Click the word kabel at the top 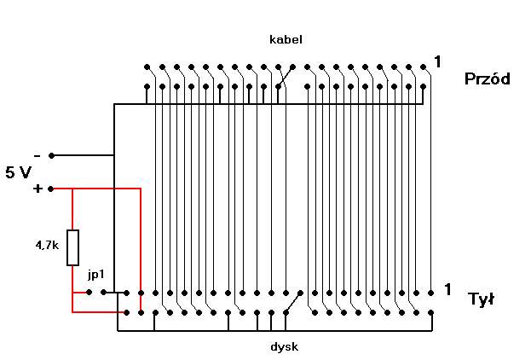(x=286, y=39)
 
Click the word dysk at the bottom (x=285, y=347)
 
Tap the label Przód (x=488, y=78)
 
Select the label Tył (x=482, y=299)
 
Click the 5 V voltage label (x=18, y=172)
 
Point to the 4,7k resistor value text (x=47, y=245)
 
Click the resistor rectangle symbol (x=72, y=247)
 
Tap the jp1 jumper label (x=95, y=275)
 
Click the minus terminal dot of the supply (x=51, y=155)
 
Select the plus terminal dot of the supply (x=51, y=189)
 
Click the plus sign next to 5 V (x=38, y=189)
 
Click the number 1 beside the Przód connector (x=437, y=62)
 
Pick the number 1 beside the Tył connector (x=447, y=289)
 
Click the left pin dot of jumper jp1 (x=89, y=292)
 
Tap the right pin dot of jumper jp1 (x=104, y=292)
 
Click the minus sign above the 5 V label (x=38, y=156)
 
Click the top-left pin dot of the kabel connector (x=147, y=67)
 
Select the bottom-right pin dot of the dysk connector (x=430, y=312)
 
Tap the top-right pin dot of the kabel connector (x=423, y=67)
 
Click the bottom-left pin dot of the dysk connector (x=127, y=312)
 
